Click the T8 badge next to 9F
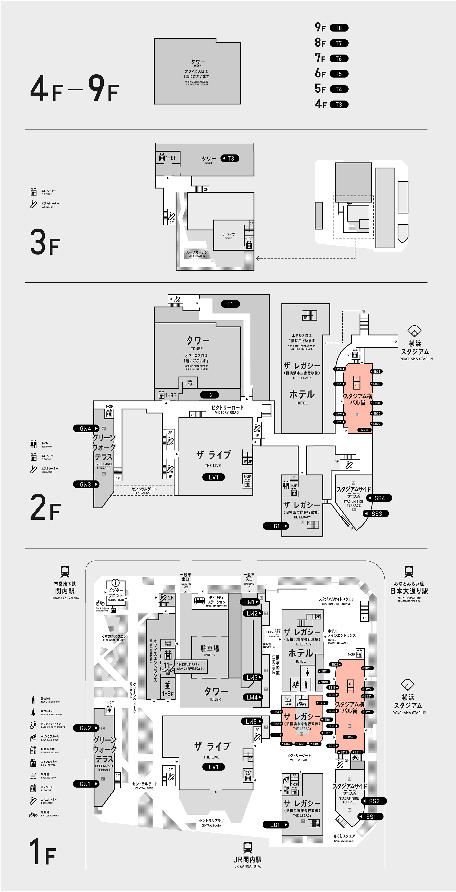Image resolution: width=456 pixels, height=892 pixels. [339, 28]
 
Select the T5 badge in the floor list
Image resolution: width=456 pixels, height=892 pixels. [339, 74]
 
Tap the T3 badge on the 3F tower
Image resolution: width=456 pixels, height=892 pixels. [230, 158]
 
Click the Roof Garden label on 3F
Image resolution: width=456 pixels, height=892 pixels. [197, 254]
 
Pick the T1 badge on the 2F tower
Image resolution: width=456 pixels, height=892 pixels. [230, 304]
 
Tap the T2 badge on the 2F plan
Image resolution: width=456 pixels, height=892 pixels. [210, 395]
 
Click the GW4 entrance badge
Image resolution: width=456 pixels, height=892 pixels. [86, 428]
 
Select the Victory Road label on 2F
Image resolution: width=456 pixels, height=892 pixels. [227, 410]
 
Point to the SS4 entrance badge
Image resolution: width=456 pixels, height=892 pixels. [379, 498]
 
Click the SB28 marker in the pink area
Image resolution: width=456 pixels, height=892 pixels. [364, 430]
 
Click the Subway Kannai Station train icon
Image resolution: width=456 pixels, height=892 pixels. [65, 572]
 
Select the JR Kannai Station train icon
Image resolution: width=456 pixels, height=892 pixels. [247, 847]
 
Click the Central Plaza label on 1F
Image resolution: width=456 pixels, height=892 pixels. [211, 822]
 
